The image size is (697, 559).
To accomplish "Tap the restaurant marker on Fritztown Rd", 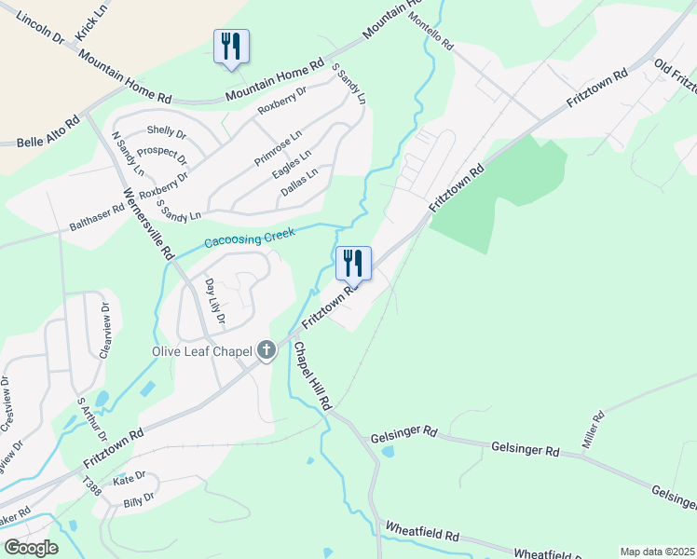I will tap(353, 264).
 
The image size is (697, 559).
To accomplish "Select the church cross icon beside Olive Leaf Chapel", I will tap(266, 350).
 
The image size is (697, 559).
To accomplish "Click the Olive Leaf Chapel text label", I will tap(200, 351).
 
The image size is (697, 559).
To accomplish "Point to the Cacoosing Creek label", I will tap(249, 237).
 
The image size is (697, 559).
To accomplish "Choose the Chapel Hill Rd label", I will tap(312, 376).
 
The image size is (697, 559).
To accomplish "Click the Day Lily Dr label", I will tap(214, 302).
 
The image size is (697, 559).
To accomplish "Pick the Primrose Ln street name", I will tap(278, 148).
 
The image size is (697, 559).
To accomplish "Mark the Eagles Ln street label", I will tap(292, 164).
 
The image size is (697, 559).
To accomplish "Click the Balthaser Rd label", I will tap(97, 219).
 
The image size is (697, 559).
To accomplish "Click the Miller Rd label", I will tap(594, 429).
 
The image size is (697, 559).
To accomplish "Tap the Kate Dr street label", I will tap(130, 477).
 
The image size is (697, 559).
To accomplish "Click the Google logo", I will tap(31, 548).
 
